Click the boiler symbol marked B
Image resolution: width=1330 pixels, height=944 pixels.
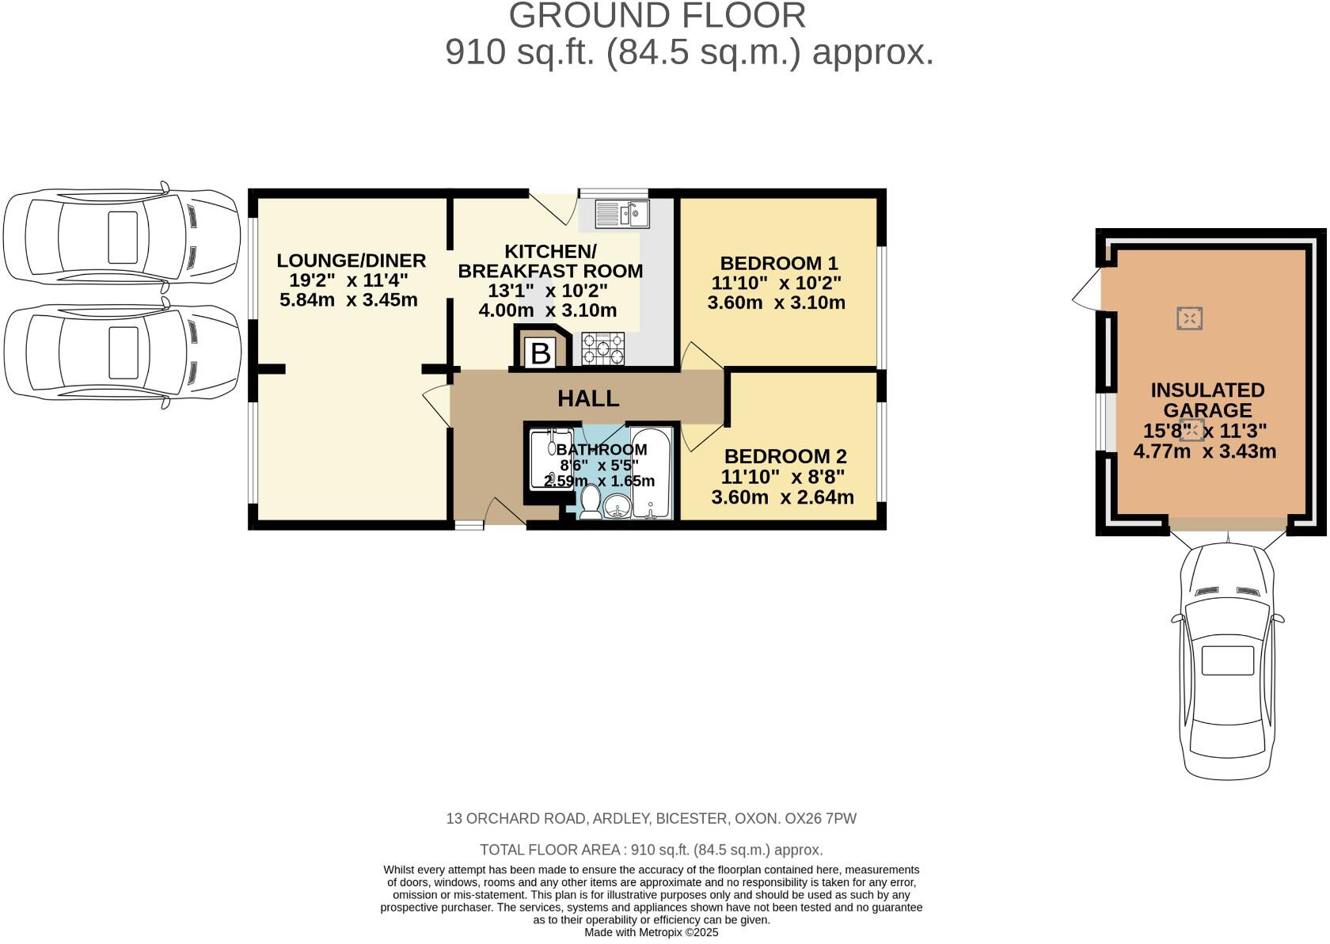541,352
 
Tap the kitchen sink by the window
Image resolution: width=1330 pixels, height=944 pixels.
622,213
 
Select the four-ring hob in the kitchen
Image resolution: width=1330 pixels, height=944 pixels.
603,349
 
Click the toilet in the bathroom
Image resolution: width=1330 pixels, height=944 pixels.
590,501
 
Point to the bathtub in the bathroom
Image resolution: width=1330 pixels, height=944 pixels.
652,473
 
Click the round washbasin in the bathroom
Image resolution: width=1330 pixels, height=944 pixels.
616,504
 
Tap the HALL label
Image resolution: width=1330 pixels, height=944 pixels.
588,398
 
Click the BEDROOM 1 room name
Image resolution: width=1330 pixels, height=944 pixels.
778,263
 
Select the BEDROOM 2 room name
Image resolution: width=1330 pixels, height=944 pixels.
785,456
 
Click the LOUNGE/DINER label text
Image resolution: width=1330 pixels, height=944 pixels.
351,261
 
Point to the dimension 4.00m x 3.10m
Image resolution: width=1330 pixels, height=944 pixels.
547,310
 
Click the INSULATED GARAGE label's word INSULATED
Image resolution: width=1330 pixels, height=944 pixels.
1206,390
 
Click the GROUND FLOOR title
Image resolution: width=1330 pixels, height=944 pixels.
656,16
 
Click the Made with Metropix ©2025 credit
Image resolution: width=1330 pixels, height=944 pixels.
651,933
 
